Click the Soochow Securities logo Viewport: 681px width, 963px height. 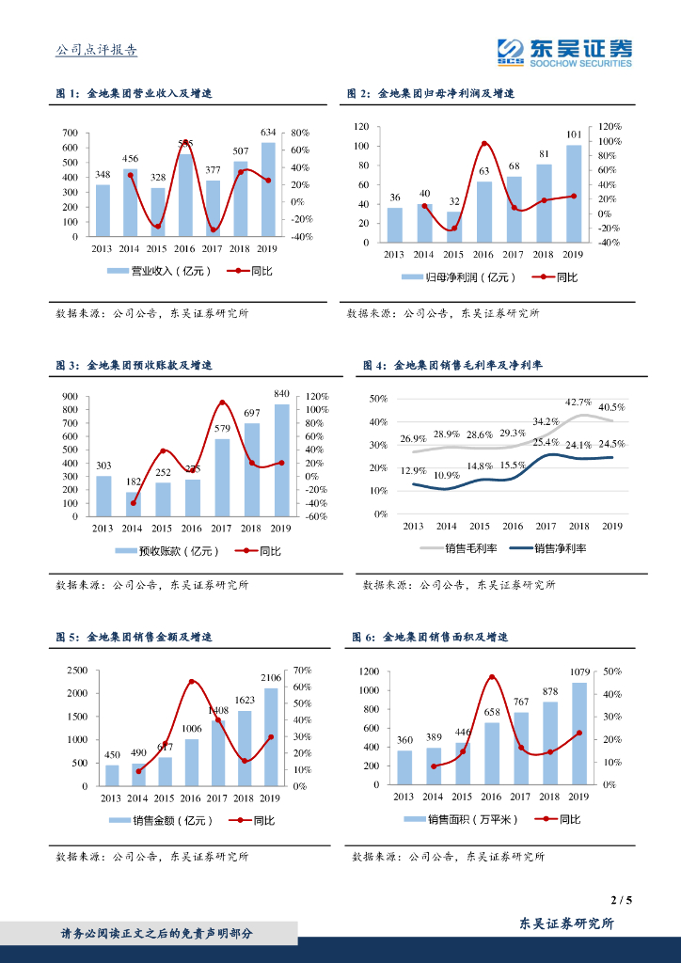(564, 52)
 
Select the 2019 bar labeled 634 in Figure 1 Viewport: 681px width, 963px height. (268, 189)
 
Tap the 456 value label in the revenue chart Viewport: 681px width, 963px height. (131, 158)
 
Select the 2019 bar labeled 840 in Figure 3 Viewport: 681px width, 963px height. (281, 461)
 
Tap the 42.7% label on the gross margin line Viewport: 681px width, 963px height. (578, 403)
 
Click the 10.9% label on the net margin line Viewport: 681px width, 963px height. (446, 476)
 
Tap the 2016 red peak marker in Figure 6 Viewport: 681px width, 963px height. (492, 677)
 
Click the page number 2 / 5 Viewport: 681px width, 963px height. (621, 900)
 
